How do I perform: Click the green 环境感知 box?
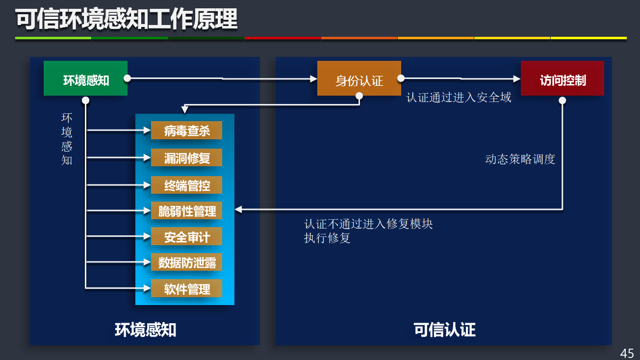[85, 78]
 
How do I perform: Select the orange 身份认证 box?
[359, 78]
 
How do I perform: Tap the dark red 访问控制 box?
[562, 78]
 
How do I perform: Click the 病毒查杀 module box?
[186, 130]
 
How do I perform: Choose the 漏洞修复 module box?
[186, 158]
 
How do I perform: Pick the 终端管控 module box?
[186, 185]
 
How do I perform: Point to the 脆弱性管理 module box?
[186, 211]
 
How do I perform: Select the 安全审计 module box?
[186, 237]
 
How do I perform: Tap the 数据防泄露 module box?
[186, 262]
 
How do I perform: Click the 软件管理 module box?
[186, 288]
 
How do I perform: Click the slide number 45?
[627, 353]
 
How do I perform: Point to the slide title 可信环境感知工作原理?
[127, 20]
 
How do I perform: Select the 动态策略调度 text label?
[520, 159]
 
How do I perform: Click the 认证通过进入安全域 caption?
[459, 98]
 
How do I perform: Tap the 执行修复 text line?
[327, 238]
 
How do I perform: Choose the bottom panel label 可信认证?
[444, 330]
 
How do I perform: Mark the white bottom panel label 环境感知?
[146, 330]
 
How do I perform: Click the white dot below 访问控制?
[563, 101]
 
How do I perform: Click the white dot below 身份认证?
[359, 97]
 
